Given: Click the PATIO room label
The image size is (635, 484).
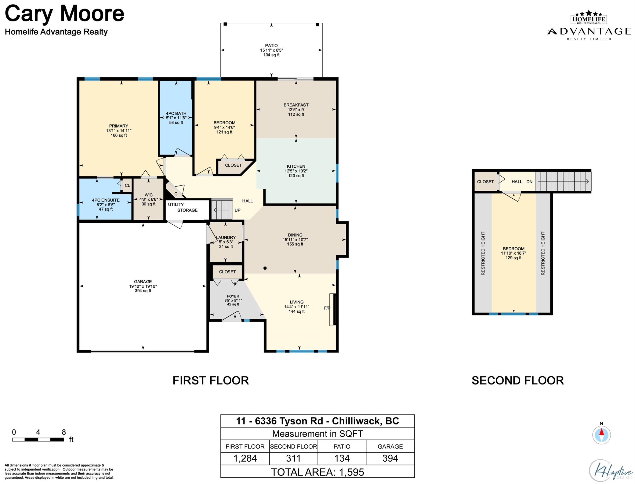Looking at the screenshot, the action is (x=271, y=46).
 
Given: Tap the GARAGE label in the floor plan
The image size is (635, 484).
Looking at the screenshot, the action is (x=143, y=281).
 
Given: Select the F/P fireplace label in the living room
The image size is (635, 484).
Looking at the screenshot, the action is (x=327, y=308).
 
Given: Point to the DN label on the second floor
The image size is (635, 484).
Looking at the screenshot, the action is (x=529, y=182).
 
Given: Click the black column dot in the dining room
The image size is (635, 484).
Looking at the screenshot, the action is (x=265, y=268).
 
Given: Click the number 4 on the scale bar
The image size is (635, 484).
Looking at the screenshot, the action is (x=38, y=432).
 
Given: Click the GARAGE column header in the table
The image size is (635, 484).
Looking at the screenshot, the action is (x=390, y=447).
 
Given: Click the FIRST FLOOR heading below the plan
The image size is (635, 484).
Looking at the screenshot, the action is (x=211, y=381).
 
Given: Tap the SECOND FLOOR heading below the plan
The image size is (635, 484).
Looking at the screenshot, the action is (x=518, y=381).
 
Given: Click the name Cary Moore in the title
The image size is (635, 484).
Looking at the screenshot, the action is (x=65, y=14).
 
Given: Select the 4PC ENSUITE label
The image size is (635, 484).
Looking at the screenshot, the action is (x=106, y=200).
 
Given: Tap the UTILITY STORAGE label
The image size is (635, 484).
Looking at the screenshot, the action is (x=183, y=207).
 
